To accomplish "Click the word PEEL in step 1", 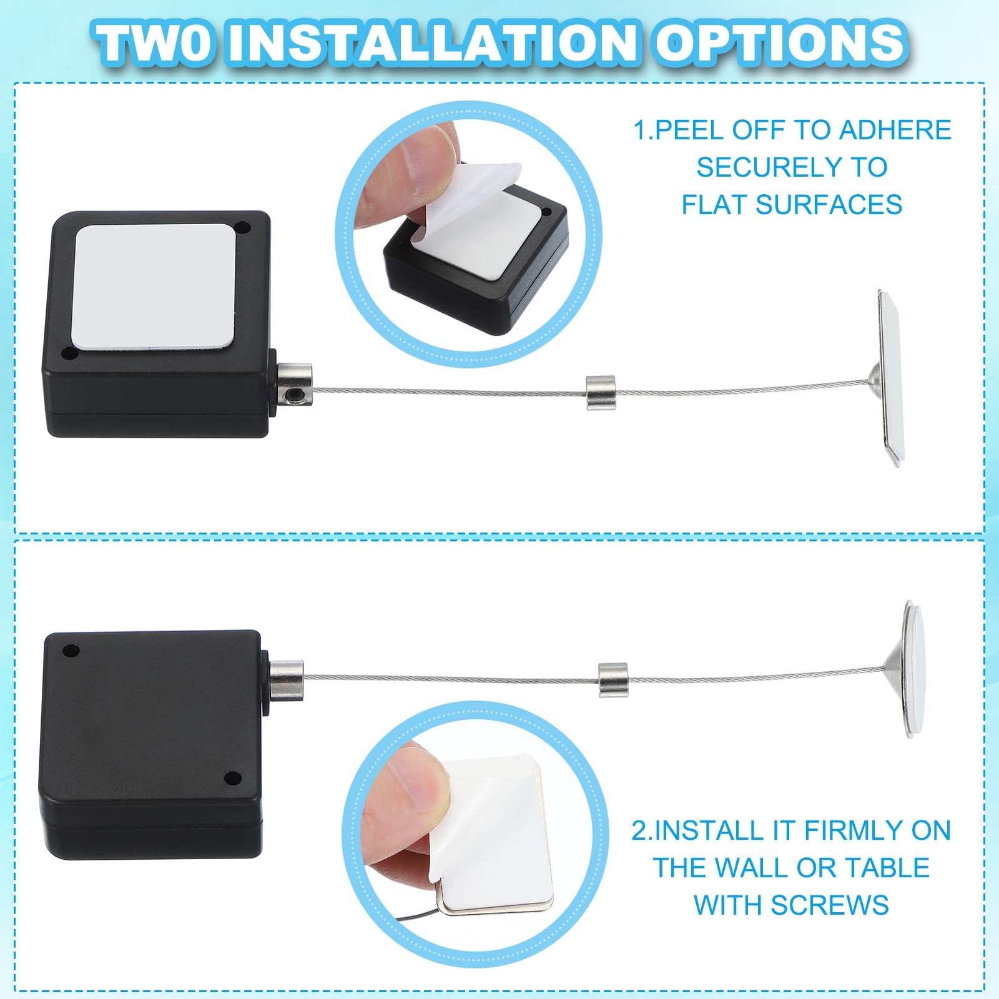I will [x=690, y=130].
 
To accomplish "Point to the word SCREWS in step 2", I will [x=830, y=905].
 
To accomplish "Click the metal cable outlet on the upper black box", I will [x=294, y=384].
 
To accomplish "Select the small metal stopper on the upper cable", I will [x=601, y=392].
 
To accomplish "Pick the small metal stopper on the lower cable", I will [x=613, y=679].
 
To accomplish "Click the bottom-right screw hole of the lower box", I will [x=232, y=778].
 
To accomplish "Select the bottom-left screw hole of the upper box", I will [x=68, y=354].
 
